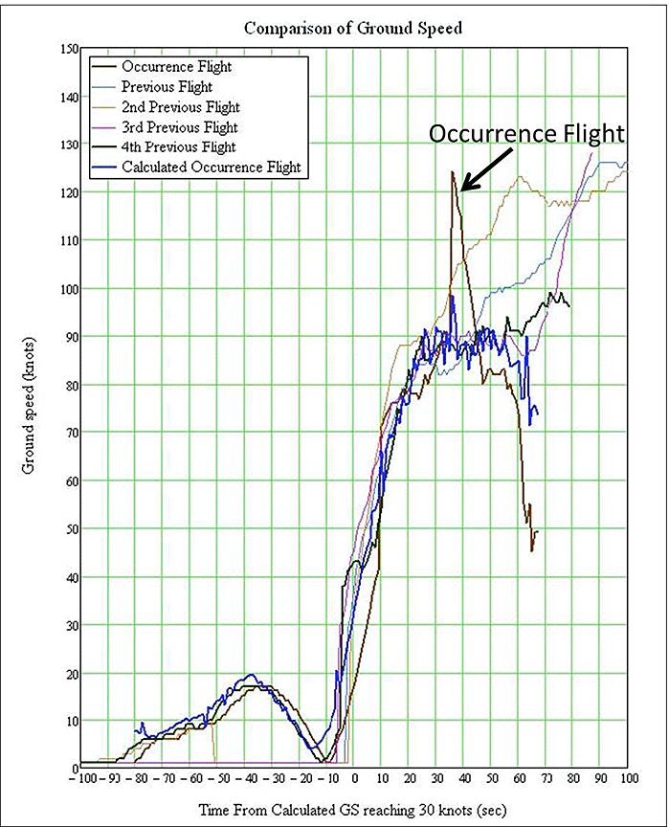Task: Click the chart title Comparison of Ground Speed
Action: [353, 28]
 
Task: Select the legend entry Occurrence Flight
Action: [176, 67]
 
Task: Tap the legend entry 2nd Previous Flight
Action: [181, 107]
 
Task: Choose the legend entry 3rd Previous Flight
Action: [180, 126]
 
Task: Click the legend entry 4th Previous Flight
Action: [180, 146]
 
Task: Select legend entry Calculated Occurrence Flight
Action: [211, 167]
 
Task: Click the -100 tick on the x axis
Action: [82, 781]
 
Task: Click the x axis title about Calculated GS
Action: [352, 811]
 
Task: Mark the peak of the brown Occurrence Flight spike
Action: [452, 172]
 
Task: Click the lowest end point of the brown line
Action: [532, 550]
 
